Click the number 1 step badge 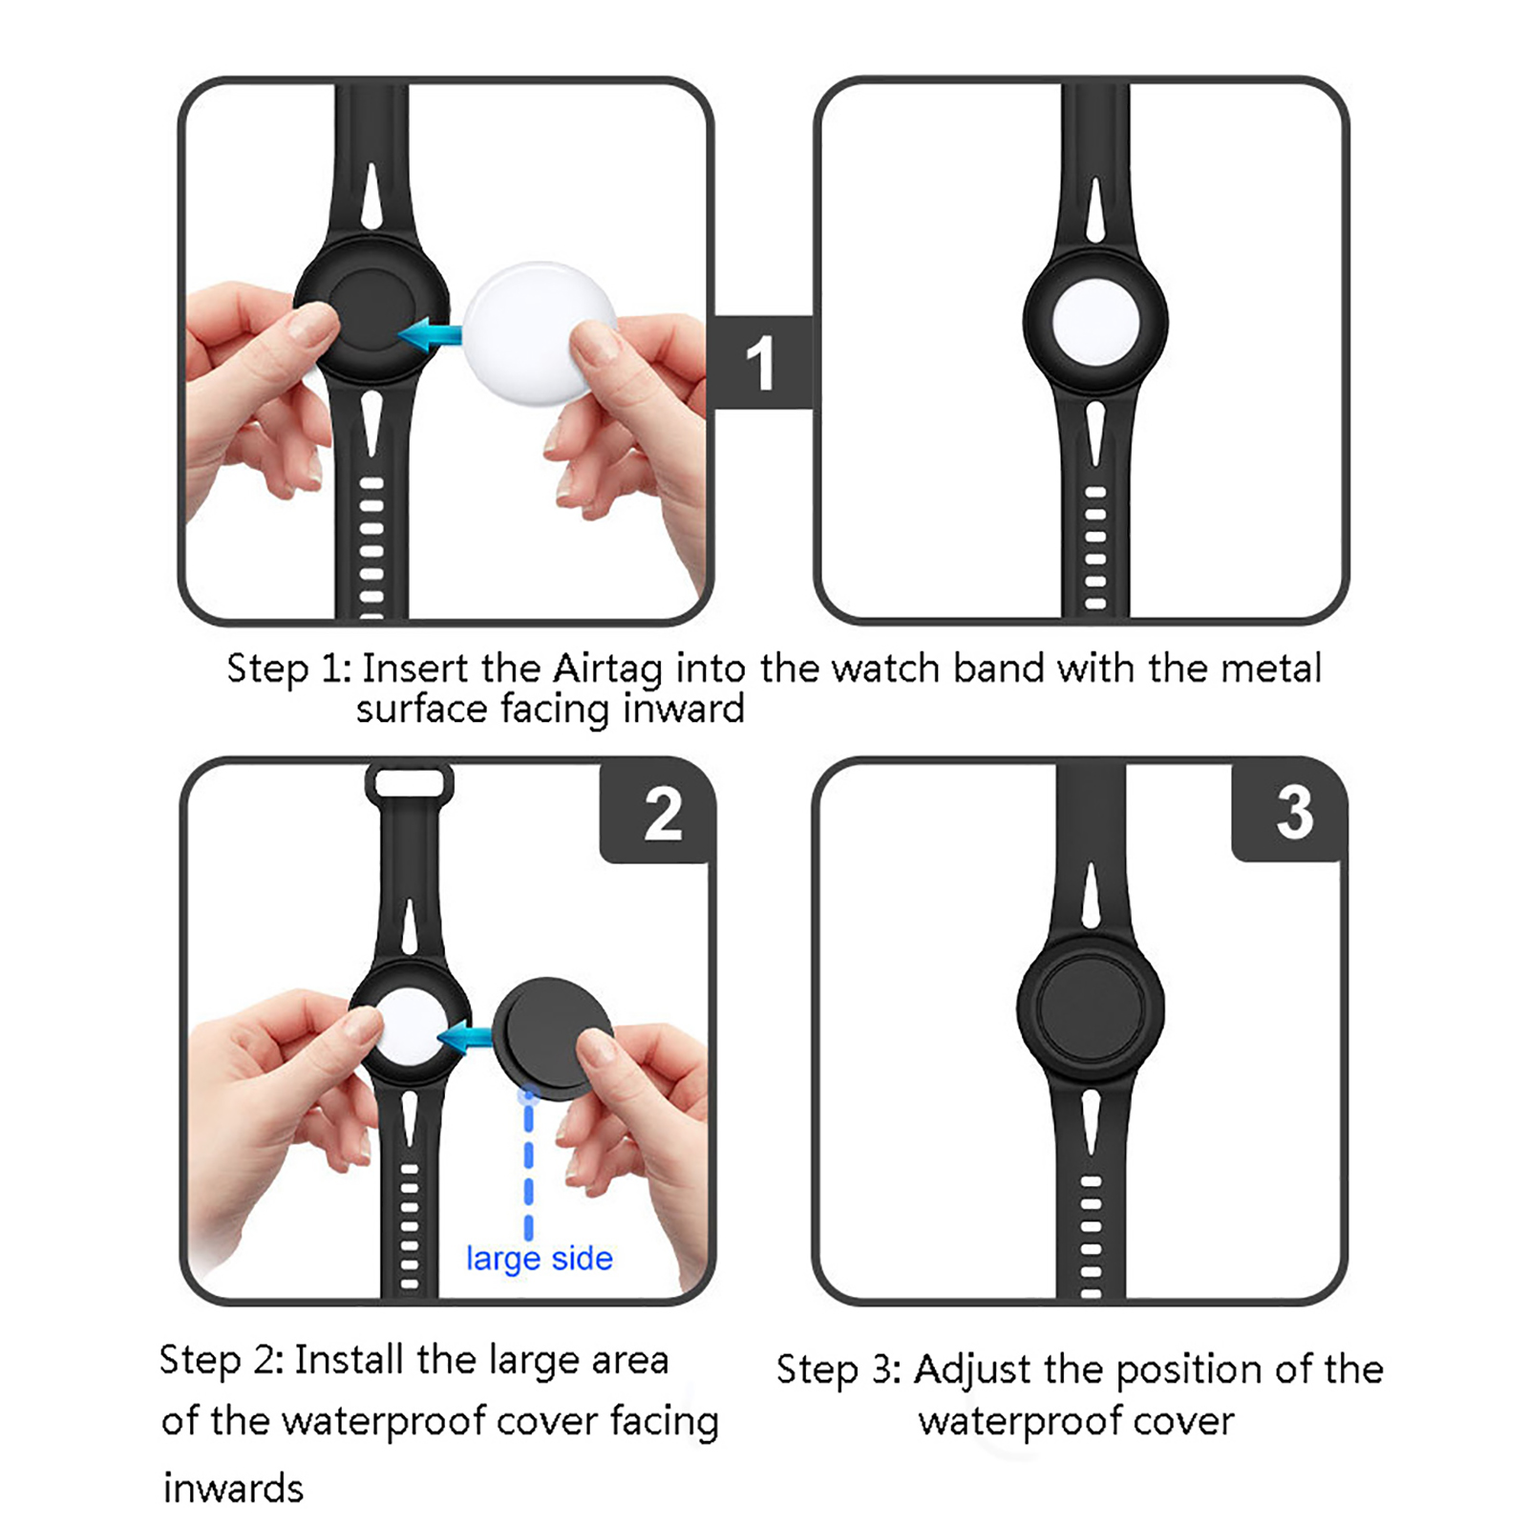(763, 363)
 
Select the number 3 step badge (1291, 813)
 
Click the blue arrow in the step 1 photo (429, 335)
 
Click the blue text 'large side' (540, 1259)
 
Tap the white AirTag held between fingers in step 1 (540, 333)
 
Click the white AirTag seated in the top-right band (1095, 322)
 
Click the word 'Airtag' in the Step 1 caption (607, 668)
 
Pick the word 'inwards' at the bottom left (233, 1488)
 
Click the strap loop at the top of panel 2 (410, 783)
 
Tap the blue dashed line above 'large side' (528, 1163)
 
